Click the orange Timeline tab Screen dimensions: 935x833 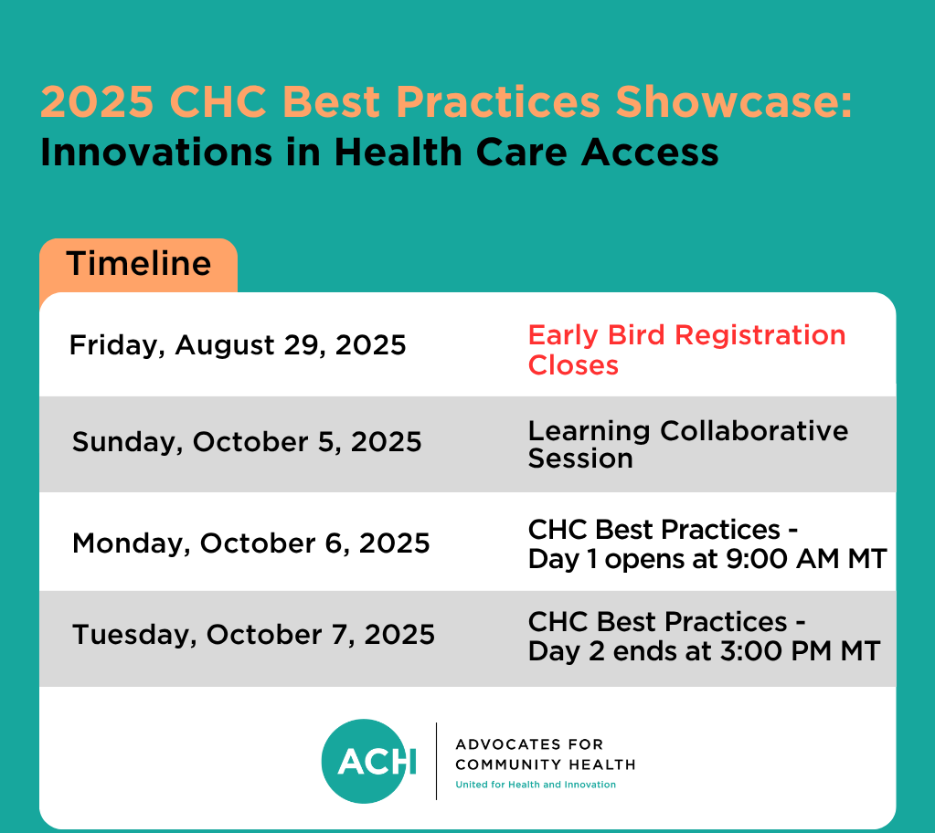138,265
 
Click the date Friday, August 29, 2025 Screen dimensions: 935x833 238,345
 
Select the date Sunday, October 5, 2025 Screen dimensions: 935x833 247,442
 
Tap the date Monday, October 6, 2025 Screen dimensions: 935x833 251,543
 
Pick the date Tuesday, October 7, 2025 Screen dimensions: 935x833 253,635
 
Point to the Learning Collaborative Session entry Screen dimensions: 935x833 688,445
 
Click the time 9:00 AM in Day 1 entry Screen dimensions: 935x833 782,559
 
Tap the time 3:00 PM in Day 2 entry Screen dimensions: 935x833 776,651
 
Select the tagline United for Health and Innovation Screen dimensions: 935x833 536,785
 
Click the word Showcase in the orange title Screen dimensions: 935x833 734,102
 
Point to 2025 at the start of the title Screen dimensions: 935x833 97,102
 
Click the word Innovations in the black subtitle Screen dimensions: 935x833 156,153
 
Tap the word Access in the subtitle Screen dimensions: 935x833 649,153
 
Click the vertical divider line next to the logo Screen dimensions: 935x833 437,761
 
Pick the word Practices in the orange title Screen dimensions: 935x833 498,102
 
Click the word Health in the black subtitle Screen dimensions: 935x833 398,153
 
